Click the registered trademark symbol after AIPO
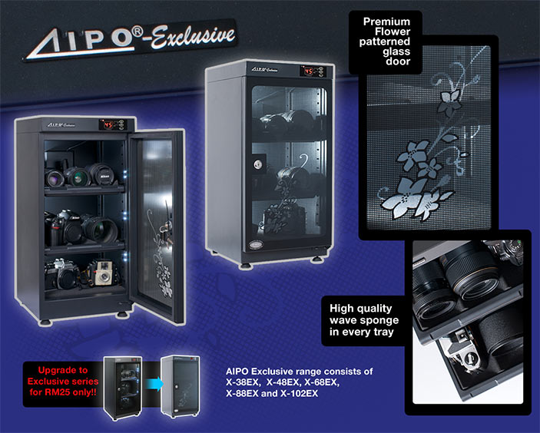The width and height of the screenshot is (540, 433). coord(137,31)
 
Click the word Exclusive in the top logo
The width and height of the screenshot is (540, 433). coord(194,37)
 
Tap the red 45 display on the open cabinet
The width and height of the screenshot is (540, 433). coord(108,124)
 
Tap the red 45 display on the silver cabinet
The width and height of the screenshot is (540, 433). coord(308,71)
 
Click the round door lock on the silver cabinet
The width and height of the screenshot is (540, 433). coord(258,164)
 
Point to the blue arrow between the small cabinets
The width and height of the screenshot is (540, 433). coord(154,384)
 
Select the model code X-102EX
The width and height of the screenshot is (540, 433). coord(300,393)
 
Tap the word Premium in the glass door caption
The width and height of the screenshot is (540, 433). coord(386,21)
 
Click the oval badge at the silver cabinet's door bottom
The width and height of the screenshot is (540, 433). coord(255,244)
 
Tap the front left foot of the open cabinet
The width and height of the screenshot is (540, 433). coord(45,322)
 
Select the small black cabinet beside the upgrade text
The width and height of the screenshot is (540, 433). coord(123,387)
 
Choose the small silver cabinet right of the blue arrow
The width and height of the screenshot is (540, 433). coord(181,385)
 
